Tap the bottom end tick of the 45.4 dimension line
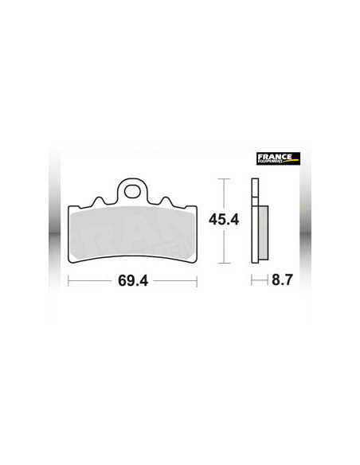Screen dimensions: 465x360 (224, 262)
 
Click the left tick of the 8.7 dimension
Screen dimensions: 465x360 (252, 281)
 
